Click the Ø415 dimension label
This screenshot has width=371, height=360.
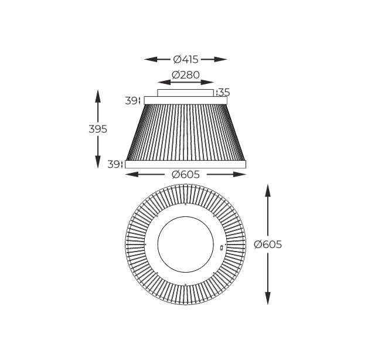click(x=185, y=59)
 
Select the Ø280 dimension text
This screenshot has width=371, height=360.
click(x=185, y=75)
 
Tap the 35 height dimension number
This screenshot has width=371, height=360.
click(x=224, y=92)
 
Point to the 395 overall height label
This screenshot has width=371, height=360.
click(x=98, y=129)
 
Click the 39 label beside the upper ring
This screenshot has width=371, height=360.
click(x=131, y=101)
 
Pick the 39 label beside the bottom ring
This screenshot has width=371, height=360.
click(x=113, y=164)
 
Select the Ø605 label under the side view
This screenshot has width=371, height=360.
click(x=185, y=175)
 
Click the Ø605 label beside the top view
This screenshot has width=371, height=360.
click(x=268, y=244)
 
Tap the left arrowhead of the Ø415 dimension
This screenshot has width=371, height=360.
click(x=151, y=59)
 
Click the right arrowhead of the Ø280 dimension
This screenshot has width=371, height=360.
click(x=207, y=82)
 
